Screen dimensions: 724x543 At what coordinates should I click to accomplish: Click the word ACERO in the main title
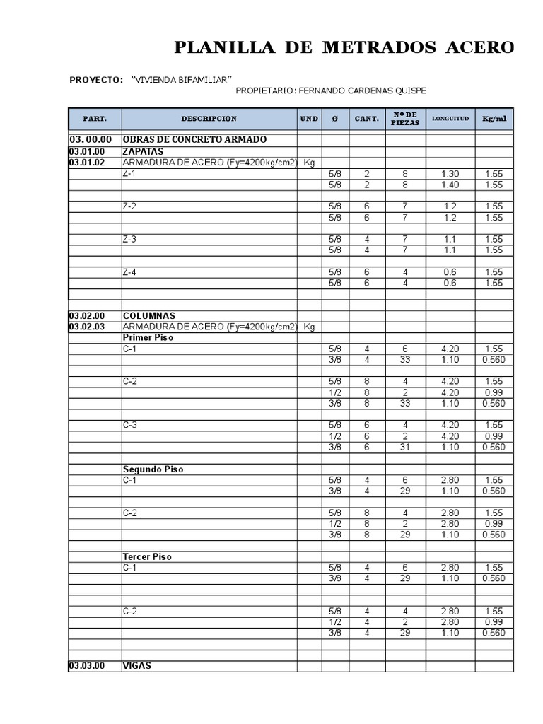(479, 48)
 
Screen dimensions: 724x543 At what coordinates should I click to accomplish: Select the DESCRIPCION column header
(209, 119)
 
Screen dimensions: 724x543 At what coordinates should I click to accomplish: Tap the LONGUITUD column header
(450, 119)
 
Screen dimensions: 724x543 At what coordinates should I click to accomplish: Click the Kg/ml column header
(494, 119)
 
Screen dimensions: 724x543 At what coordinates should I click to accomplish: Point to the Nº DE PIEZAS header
(405, 119)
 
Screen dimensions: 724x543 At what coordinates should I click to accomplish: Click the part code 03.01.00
(87, 151)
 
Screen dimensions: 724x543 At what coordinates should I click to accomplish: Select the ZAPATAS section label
(143, 151)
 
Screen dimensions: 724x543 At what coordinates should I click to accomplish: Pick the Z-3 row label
(129, 239)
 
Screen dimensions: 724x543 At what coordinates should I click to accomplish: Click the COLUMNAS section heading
(149, 315)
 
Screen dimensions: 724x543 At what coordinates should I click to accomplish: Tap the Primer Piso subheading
(148, 337)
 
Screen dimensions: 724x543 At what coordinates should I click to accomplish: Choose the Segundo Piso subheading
(153, 469)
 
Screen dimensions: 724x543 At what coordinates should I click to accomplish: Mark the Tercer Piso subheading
(147, 556)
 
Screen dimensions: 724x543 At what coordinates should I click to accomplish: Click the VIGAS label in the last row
(137, 666)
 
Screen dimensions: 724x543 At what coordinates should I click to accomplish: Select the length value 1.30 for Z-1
(450, 174)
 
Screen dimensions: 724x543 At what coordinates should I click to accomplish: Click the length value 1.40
(450, 185)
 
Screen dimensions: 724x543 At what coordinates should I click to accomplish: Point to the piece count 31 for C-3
(405, 447)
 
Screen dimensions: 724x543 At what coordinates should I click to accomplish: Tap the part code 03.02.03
(87, 327)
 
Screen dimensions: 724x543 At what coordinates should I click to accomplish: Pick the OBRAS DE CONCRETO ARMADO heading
(194, 139)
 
